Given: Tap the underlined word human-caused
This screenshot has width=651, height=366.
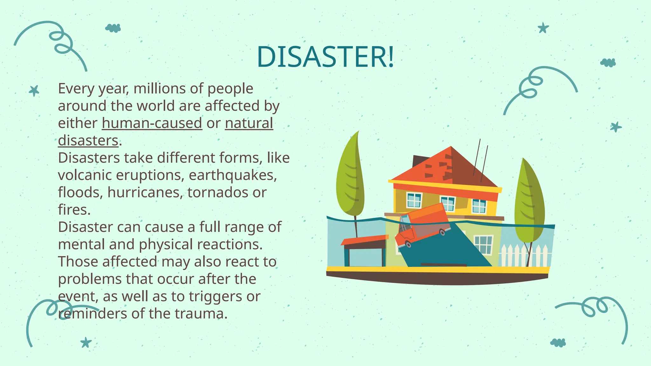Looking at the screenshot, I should pos(152,123).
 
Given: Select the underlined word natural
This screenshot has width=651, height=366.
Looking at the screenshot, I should pos(249,123).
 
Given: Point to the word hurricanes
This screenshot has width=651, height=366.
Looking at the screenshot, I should pos(145,193).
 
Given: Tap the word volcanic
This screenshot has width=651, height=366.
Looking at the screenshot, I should pos(85,175).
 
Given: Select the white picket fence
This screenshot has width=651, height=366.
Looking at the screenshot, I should pos(524,255).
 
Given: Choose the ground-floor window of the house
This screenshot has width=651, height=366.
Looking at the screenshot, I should pos(483,245).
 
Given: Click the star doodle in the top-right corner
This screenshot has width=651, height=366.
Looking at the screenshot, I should pos(543,28).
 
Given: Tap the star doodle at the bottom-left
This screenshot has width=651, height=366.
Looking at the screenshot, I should pos(86,342).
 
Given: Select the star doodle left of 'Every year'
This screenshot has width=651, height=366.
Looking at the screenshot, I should pos(34,91).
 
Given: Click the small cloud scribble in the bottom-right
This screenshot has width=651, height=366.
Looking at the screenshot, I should pos(558,342).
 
